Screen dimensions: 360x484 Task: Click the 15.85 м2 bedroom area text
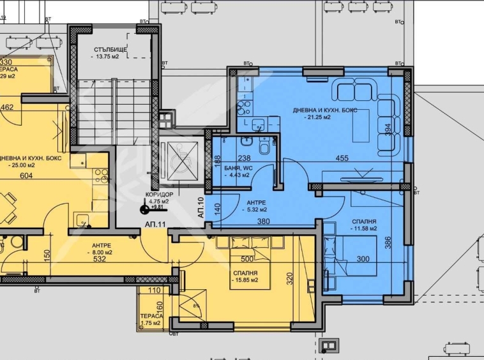(x=245, y=280)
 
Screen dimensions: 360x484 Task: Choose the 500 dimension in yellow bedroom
(x=247, y=260)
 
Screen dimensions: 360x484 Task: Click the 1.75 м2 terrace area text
(x=152, y=324)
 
